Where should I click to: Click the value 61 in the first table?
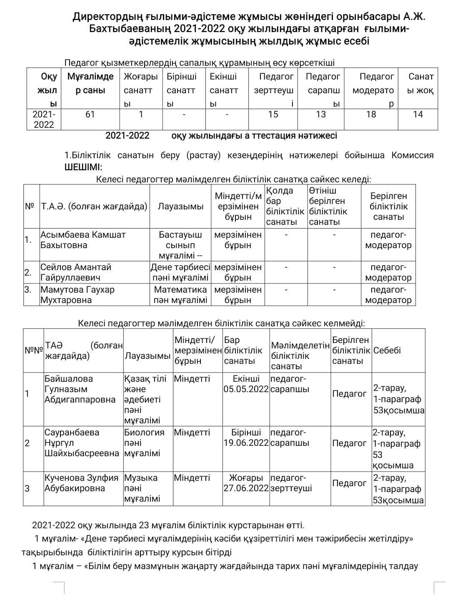(x=90, y=114)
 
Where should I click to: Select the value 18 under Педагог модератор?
(x=371, y=114)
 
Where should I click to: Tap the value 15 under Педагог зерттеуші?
(x=273, y=114)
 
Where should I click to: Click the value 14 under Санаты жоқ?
(x=417, y=114)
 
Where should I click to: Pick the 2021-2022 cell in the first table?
(x=44, y=119)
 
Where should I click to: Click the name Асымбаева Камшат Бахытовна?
(x=82, y=240)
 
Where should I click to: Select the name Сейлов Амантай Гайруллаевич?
(x=76, y=273)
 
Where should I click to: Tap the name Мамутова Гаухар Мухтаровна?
(x=77, y=295)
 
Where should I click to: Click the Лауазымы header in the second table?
(x=180, y=206)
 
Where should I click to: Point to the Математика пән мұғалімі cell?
(x=180, y=295)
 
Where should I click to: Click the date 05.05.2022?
(x=246, y=390)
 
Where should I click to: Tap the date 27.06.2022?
(x=246, y=488)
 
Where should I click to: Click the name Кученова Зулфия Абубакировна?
(x=81, y=483)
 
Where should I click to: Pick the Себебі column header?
(x=387, y=351)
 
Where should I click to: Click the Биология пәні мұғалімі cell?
(x=144, y=443)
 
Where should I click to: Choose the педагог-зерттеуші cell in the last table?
(x=291, y=483)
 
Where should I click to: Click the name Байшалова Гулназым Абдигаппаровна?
(x=80, y=390)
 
